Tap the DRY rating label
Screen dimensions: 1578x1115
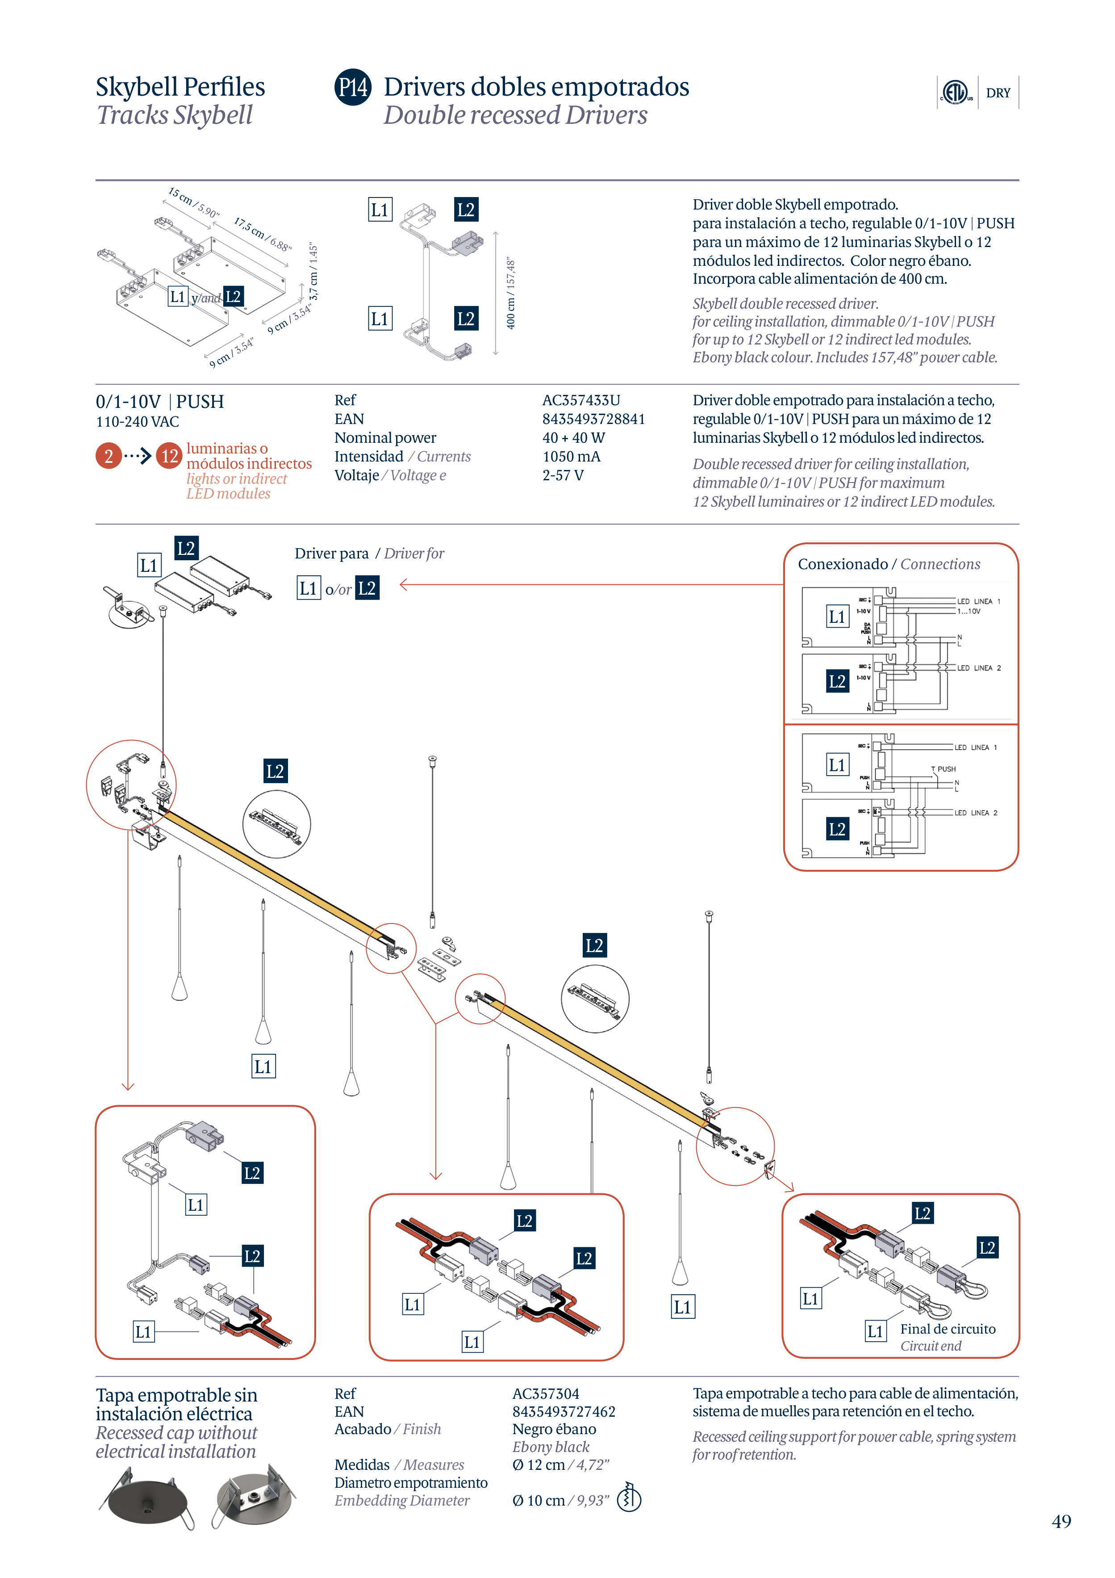tap(998, 93)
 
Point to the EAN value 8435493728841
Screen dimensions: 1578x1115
tap(593, 419)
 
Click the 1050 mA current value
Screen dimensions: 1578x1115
tap(571, 456)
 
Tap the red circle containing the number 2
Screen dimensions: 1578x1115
tap(109, 456)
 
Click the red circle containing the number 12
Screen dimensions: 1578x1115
tap(169, 456)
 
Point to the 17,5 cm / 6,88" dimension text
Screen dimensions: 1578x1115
tap(263, 234)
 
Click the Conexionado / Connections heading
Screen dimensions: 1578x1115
tap(888, 564)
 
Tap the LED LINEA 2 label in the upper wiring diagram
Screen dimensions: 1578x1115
tap(978, 668)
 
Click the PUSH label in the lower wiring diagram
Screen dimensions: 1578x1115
tap(946, 769)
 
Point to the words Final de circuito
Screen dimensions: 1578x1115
tap(948, 1329)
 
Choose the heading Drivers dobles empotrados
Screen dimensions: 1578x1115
tap(536, 87)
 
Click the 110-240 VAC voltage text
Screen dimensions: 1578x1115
tap(138, 422)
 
